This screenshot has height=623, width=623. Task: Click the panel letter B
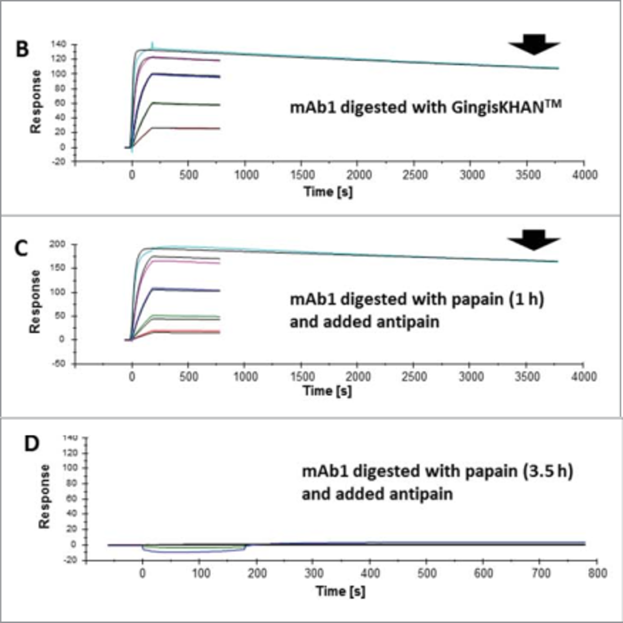(x=21, y=49)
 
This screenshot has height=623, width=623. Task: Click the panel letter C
(x=21, y=248)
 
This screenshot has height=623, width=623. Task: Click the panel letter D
(x=32, y=444)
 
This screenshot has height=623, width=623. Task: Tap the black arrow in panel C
(x=534, y=240)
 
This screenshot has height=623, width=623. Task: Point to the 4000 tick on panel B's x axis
(x=585, y=175)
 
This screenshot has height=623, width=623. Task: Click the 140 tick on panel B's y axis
(x=59, y=44)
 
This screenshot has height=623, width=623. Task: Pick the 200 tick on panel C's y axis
(x=59, y=244)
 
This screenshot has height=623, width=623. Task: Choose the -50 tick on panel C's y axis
(x=59, y=364)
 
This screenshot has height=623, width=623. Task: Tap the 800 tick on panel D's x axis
(x=597, y=573)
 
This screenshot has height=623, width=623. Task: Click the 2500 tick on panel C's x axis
(x=415, y=376)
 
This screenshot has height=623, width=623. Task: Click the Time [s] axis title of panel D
(x=340, y=591)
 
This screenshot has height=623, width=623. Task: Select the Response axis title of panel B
(x=36, y=101)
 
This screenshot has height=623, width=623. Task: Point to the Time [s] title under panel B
(x=328, y=192)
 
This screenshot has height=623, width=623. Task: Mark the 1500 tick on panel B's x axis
(x=302, y=175)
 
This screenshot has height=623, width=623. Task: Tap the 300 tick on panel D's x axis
(x=313, y=573)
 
